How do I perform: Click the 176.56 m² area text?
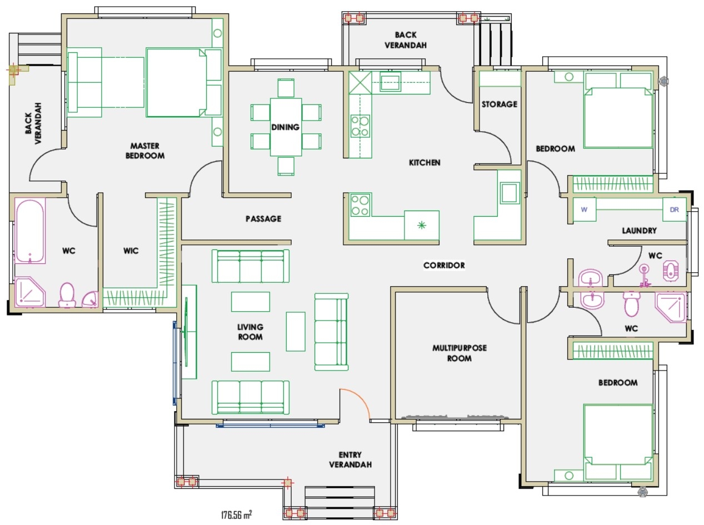tap(237, 514)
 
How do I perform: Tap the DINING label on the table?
tap(285, 127)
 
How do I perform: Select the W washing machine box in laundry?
tap(584, 210)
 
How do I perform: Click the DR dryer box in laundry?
tap(675, 210)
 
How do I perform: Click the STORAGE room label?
tap(499, 104)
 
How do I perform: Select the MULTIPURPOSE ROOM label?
tap(459, 353)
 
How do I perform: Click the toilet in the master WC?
tap(67, 295)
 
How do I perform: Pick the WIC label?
tap(131, 251)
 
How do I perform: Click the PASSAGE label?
tap(263, 219)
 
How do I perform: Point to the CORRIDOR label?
tap(444, 266)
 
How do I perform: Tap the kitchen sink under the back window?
tap(391, 82)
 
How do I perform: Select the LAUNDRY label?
tap(639, 231)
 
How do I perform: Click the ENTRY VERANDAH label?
tap(350, 460)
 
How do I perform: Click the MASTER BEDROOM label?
tap(145, 151)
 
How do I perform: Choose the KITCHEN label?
tap(425, 163)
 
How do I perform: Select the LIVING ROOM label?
tap(250, 332)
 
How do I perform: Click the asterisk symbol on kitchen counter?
tap(422, 225)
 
